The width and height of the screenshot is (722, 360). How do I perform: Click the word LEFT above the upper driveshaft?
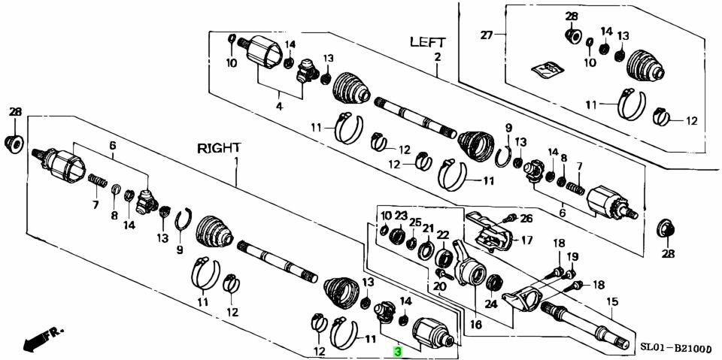pos(427,42)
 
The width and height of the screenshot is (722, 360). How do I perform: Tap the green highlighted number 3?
pos(397,350)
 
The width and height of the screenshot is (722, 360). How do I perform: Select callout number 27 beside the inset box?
pos(487,35)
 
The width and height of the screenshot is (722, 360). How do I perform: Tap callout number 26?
pos(526,219)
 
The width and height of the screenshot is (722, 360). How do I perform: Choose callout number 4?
pos(279,107)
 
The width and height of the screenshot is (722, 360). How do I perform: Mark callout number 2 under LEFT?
pos(437,58)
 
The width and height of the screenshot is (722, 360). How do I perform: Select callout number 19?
pos(573,256)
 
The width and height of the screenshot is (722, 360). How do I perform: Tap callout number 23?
pos(401,215)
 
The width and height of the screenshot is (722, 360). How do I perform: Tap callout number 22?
pos(443,234)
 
